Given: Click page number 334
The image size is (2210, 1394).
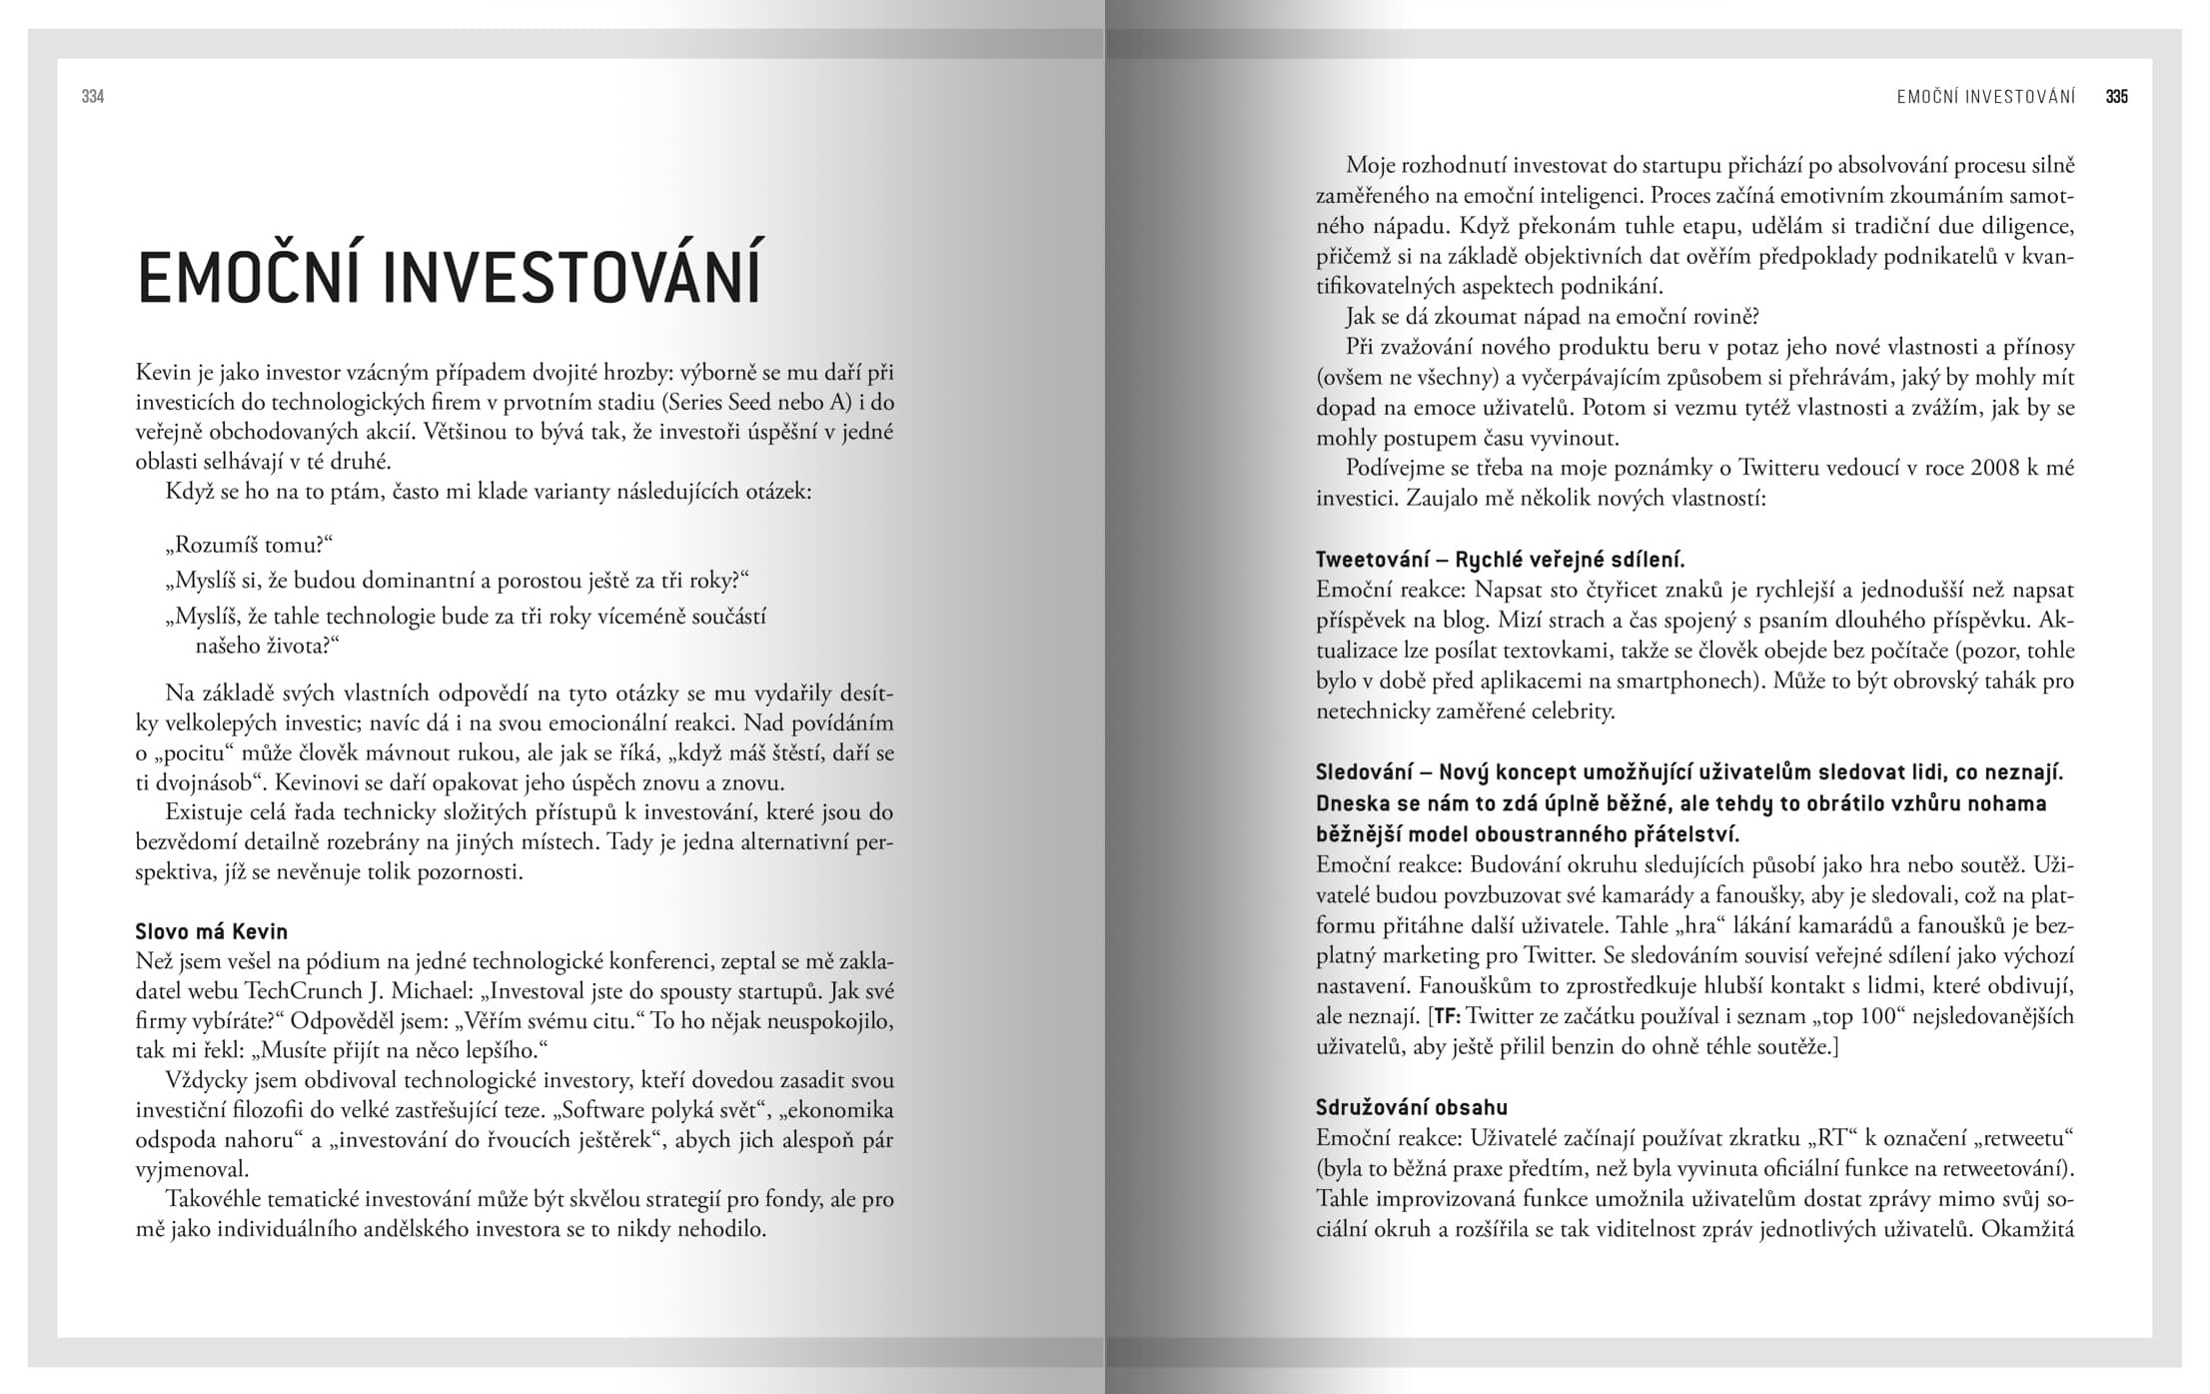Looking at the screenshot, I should coord(93,97).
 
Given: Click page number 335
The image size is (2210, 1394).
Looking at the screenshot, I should coord(2116,97).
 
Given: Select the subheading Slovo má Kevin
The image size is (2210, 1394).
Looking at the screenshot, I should coord(212,931).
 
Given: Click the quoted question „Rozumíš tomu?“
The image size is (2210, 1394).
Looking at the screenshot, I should coord(249,545).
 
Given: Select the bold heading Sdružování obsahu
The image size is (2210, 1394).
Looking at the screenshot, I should coord(1412,1107).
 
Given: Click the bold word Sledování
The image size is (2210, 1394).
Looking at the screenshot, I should coord(1361,772).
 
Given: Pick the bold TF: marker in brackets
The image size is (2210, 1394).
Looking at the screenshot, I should coord(1446,1016).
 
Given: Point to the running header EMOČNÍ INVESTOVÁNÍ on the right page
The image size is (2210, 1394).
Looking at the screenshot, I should coord(1985,97).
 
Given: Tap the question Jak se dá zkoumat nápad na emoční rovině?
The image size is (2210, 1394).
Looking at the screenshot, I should coord(1553,317).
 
